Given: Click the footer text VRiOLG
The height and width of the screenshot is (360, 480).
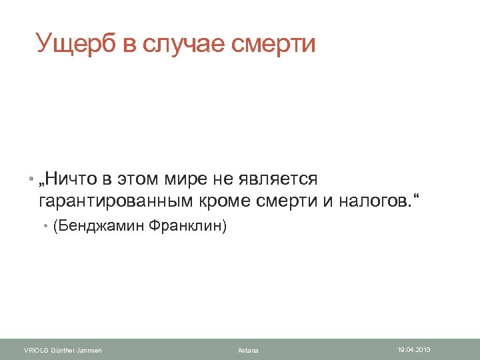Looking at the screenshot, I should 35,350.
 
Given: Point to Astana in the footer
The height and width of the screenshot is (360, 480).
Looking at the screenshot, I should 248,350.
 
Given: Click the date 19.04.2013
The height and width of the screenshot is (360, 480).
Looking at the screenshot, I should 414,349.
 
